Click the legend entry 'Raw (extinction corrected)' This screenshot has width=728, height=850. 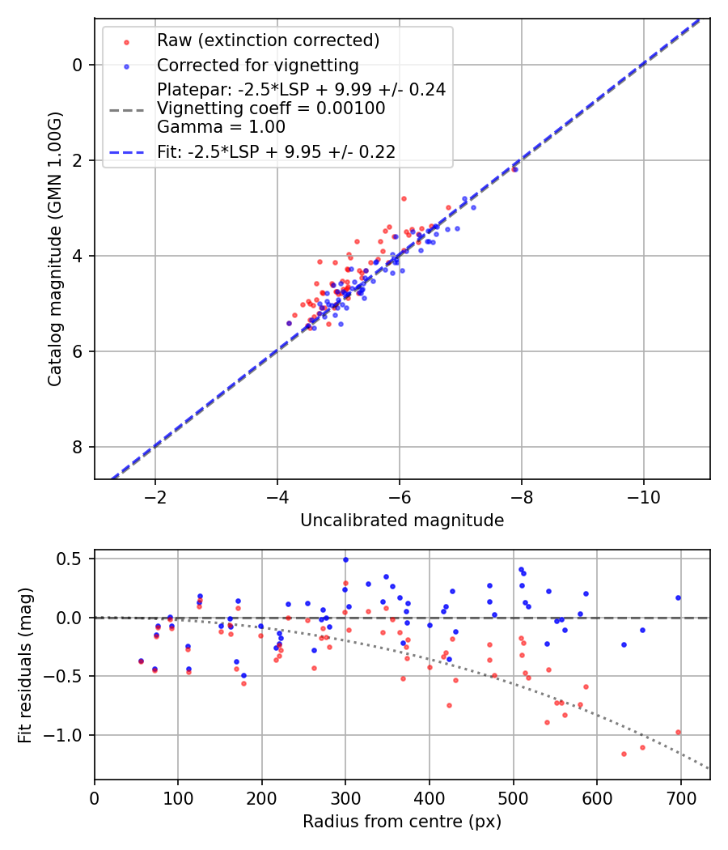coord(268,40)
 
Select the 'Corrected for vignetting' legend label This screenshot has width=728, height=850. coord(257,65)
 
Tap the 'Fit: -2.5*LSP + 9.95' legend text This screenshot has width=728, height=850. coord(276,151)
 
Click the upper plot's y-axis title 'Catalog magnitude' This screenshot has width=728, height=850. coord(54,249)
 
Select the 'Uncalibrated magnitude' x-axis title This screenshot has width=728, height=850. coord(402,521)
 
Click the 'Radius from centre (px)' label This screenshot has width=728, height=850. coord(402,822)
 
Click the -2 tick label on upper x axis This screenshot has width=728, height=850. coord(155,495)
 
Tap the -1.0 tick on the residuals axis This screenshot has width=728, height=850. coord(67,735)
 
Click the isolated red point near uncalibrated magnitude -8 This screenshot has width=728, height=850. coord(514,169)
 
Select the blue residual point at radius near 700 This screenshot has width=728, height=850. coord(678,597)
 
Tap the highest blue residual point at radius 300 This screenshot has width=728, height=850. coord(345,559)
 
